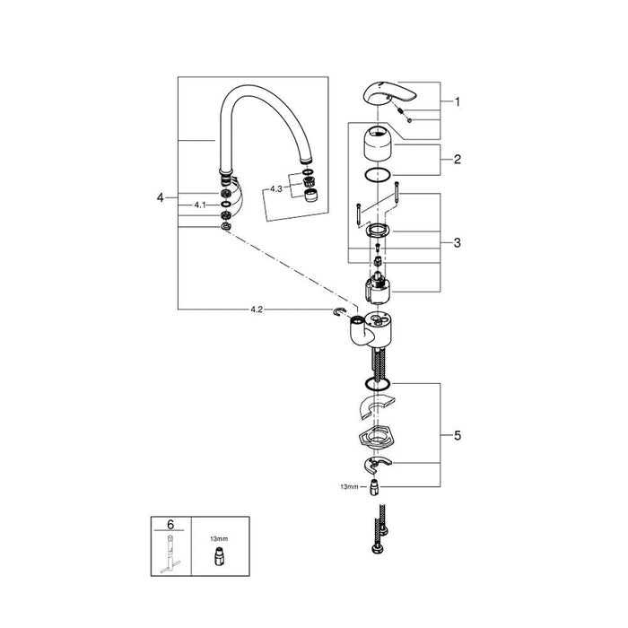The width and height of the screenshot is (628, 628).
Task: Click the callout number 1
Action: point(458,102)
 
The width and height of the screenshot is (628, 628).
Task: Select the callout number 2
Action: point(458,160)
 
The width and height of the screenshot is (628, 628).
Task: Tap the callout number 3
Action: point(458,243)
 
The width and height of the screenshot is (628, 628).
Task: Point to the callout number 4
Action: point(161,197)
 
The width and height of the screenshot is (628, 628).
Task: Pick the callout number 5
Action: point(458,435)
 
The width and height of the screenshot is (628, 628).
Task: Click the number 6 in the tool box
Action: point(170,524)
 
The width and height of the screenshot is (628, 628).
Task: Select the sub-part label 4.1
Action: point(200,205)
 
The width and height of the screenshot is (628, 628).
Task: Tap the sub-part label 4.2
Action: point(257,310)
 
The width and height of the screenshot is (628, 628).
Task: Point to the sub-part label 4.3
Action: point(276,189)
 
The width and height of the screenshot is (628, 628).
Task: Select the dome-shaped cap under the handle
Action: point(378,142)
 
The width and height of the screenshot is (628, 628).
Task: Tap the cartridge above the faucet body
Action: point(379,287)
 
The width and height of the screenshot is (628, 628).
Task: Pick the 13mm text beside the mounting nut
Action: point(349,487)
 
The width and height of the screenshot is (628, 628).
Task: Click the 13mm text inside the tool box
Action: point(219,538)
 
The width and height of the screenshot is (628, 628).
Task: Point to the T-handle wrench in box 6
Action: point(170,554)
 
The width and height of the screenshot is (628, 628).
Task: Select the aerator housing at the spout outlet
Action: point(311,196)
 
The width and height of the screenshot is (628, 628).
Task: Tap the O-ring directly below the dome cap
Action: point(378,174)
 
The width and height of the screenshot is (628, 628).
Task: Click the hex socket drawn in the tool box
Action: point(218,557)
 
